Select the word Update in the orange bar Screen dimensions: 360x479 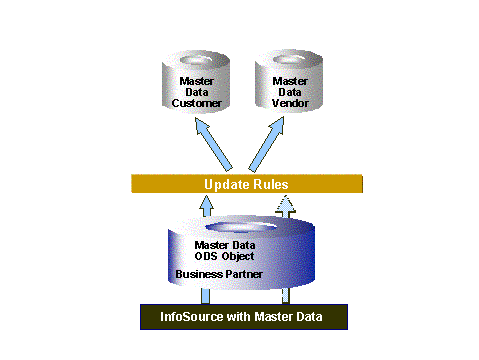(223, 185)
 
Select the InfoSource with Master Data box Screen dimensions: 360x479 (243, 317)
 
